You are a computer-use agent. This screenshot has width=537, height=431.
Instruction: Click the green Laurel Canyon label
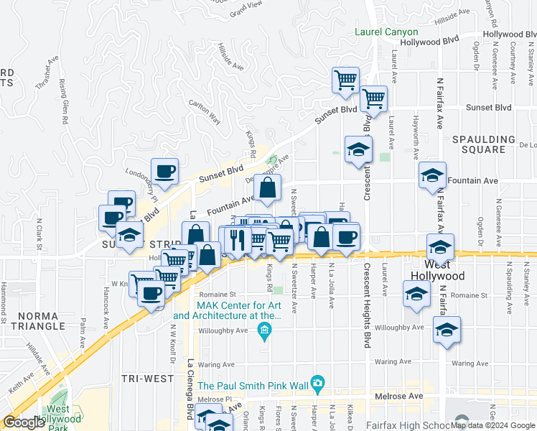click(386, 32)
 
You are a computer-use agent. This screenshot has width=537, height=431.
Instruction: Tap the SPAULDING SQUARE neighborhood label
click(483, 144)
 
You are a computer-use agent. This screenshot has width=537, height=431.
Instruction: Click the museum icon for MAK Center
click(264, 330)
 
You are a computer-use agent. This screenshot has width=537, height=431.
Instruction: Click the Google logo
click(24, 422)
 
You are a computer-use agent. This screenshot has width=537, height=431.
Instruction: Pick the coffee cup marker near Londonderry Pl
click(164, 171)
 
